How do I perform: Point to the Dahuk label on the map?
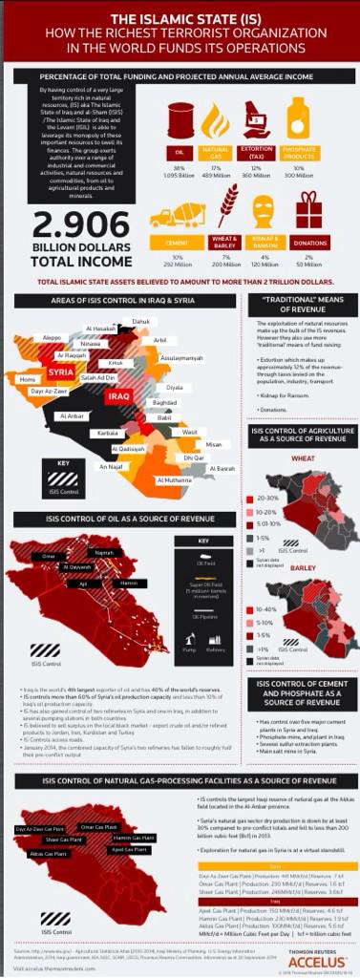click(x=140, y=322)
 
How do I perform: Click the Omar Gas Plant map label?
click(x=98, y=826)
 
